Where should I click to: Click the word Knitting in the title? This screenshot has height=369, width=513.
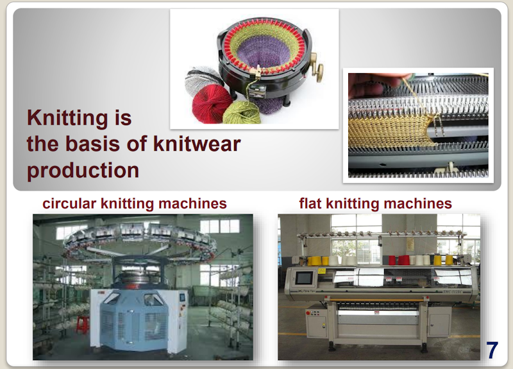click(x=67, y=119)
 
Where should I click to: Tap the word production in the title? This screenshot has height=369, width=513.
click(x=83, y=171)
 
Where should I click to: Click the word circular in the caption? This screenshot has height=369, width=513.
click(x=69, y=203)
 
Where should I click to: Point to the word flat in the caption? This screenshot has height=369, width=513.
click(x=310, y=203)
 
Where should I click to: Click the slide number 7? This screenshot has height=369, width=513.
click(x=492, y=350)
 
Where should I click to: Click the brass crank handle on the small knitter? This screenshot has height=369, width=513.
click(x=317, y=68)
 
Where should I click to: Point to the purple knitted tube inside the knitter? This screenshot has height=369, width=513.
click(x=263, y=53)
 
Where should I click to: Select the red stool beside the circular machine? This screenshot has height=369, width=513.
click(x=83, y=324)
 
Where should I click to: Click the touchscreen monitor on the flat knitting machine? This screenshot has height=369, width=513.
click(x=304, y=279)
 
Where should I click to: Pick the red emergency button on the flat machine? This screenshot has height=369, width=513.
click(x=308, y=313)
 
